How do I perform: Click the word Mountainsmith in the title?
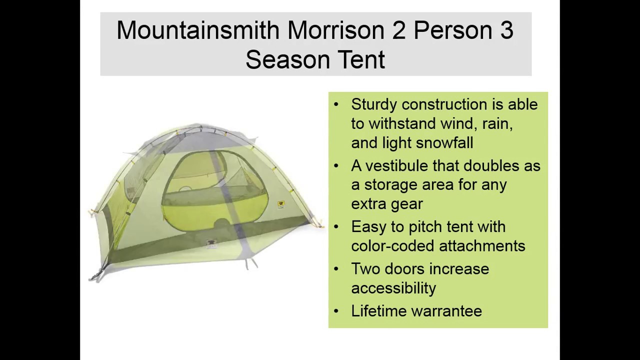point(198,31)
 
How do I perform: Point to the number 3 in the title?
point(506,31)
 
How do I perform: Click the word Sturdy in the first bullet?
point(374,105)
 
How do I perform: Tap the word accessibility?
point(393,288)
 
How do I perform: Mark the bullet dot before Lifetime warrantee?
point(336,311)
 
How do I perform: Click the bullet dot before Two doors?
point(336,269)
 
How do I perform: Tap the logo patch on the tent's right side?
point(281,205)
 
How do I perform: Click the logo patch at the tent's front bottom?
point(211,244)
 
